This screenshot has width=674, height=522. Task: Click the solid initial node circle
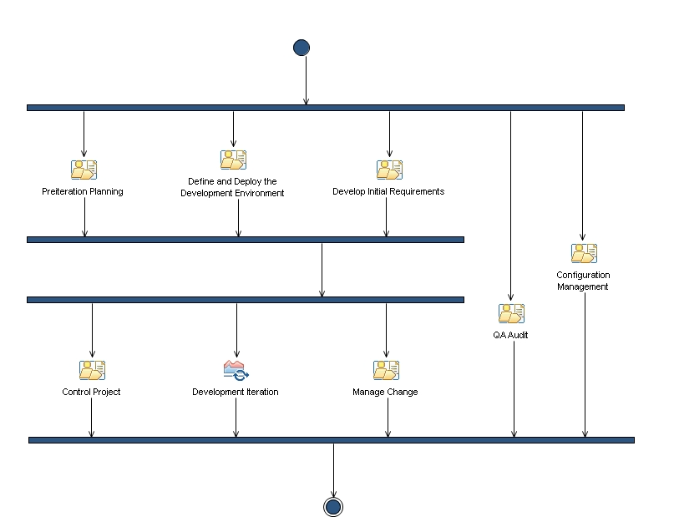point(302,48)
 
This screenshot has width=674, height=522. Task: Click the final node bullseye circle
point(333,507)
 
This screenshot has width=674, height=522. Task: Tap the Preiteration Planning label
point(83,191)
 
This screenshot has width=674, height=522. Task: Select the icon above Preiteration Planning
point(84,170)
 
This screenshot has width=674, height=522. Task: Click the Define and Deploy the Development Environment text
point(232,187)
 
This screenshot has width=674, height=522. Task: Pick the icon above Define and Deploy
point(233,160)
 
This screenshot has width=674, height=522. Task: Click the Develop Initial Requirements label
point(388,191)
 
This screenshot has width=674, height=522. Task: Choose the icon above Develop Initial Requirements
point(389,170)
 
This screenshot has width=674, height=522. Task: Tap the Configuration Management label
point(583,281)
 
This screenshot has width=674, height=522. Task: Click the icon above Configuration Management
point(584,253)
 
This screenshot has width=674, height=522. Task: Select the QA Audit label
point(510,335)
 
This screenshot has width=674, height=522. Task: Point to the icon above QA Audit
point(511,313)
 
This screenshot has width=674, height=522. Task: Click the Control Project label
point(91,392)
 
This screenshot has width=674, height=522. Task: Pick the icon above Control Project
point(93,370)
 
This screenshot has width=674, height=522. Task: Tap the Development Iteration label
point(236,392)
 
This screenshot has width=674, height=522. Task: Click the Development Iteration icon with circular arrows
point(236,370)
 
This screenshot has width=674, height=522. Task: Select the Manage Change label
point(385,392)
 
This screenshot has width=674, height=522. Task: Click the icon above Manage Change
point(387,370)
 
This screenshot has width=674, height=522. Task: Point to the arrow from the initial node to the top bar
point(306,80)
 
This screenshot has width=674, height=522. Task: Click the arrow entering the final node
point(333,470)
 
